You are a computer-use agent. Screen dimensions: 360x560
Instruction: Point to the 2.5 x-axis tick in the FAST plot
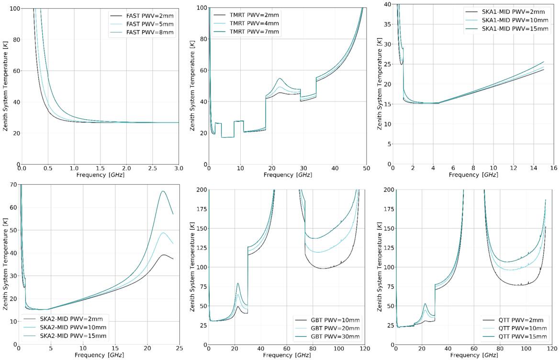pos(153,169)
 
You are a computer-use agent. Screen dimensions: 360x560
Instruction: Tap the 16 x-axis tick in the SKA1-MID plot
pos(553,169)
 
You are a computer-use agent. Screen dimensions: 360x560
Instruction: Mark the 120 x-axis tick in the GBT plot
pos(366,349)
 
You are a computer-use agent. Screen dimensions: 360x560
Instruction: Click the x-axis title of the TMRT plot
pos(288,176)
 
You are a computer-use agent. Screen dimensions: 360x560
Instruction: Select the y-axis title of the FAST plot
pos(5,86)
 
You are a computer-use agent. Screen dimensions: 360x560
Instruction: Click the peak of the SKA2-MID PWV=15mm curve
pos(163,191)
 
